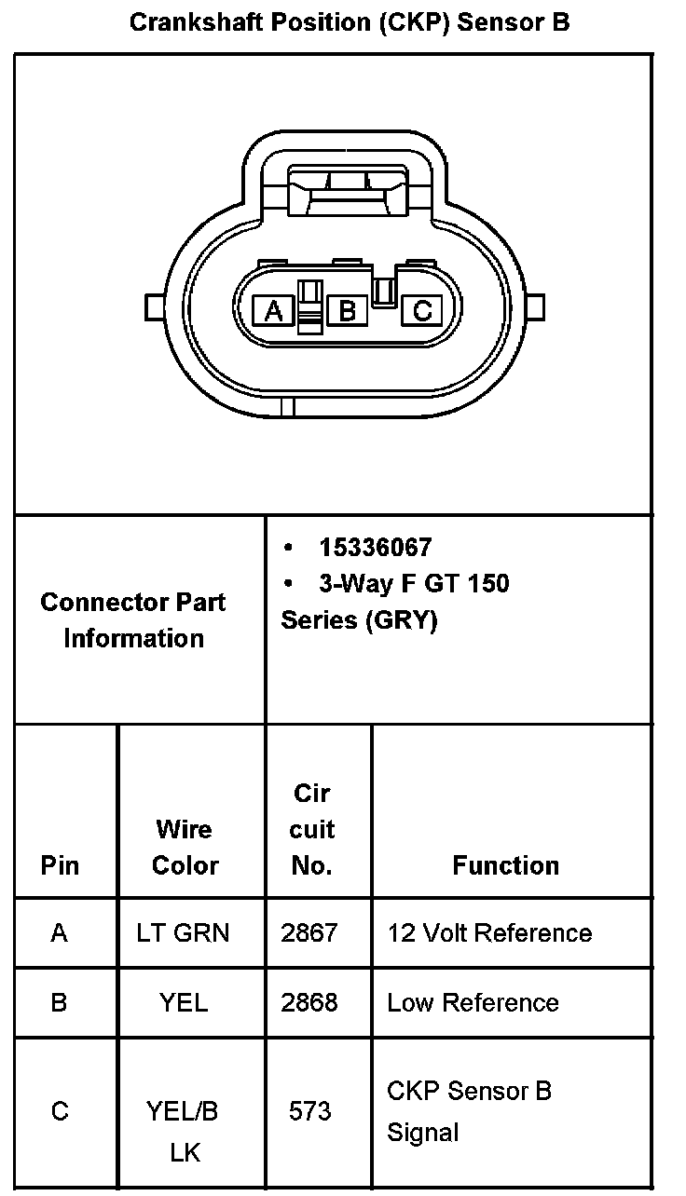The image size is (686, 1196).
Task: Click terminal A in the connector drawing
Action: (274, 310)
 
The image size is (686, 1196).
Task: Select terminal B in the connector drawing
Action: (348, 310)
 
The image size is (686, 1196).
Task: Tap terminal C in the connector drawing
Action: (421, 310)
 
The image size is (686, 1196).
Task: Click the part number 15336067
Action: (375, 547)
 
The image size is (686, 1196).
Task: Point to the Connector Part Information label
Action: (133, 619)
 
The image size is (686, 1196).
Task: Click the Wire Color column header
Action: (185, 847)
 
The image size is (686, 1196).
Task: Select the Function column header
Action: (505, 865)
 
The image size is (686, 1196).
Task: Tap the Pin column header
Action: (61, 865)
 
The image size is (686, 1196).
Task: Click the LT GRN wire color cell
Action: (183, 932)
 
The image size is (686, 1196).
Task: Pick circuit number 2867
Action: (309, 932)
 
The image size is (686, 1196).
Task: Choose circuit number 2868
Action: (309, 1002)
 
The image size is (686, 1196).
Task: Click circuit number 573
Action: (309, 1111)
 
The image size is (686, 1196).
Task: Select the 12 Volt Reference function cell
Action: (489, 932)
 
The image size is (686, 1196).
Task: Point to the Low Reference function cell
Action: (473, 1002)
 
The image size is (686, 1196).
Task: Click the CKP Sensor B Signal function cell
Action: (469, 1111)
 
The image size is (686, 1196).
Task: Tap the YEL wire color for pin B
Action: (184, 1002)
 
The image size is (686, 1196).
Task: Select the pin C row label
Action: (60, 1111)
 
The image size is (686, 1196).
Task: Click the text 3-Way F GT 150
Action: (414, 584)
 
